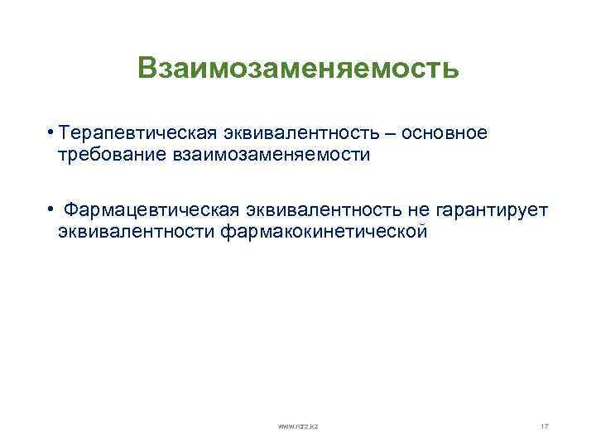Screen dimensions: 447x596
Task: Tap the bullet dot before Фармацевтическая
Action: pos(50,211)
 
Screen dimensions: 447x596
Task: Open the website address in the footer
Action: pos(298,425)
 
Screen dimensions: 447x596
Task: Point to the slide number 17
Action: pos(544,425)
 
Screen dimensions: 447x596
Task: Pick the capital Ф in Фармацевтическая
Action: pos(71,212)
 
